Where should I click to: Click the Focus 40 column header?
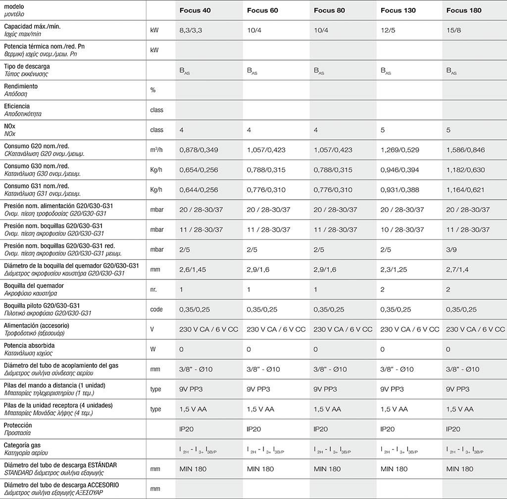(195, 10)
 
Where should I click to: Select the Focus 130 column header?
(398, 10)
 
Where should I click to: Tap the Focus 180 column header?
(464, 10)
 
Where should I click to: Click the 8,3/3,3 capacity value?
(191, 30)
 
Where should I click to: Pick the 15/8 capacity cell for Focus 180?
(454, 30)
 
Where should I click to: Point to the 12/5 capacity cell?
(388, 30)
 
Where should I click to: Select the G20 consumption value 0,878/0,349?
(199, 150)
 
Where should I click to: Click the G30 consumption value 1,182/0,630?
(465, 170)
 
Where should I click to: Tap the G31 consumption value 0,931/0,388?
(400, 190)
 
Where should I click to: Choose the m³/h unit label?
(156, 150)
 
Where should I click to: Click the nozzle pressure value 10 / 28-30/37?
(402, 229)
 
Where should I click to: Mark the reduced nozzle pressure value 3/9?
(451, 250)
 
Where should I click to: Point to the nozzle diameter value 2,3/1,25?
(394, 270)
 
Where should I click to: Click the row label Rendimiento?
(21, 86)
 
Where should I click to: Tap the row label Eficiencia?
(17, 106)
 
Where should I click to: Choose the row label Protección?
(18, 425)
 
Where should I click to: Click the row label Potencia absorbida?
(29, 345)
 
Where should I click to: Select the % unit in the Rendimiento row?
(153, 90)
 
